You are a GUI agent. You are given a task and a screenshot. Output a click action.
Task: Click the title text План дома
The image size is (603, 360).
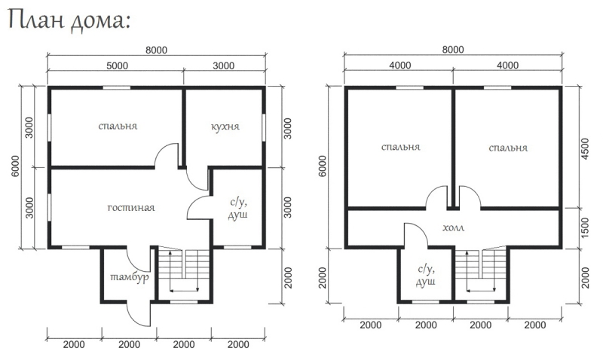[x=69, y=21]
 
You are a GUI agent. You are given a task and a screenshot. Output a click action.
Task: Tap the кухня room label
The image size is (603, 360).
[x=225, y=127]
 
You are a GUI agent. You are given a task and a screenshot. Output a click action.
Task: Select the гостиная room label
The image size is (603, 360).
[x=131, y=208]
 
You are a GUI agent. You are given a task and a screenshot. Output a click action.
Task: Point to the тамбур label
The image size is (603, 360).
[x=130, y=278]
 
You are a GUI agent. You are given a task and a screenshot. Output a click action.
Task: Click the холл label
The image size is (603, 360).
[x=454, y=228]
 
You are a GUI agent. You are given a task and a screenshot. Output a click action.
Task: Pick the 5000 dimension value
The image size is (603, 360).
[x=118, y=66]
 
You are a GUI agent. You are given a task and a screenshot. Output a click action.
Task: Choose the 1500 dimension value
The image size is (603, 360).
[x=585, y=228]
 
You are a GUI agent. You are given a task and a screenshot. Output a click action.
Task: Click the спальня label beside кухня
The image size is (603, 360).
[x=118, y=127]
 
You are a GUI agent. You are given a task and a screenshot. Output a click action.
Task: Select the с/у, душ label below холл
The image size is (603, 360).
[x=426, y=276]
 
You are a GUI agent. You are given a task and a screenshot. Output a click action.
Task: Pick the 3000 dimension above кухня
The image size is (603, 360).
[x=223, y=66]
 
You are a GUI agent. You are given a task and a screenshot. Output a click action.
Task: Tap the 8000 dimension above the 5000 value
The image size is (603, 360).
[x=156, y=50]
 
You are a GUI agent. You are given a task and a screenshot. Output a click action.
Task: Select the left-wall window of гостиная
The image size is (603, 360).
[x=49, y=207]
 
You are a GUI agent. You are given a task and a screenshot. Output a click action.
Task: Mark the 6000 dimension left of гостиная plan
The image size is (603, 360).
[x=15, y=166]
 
